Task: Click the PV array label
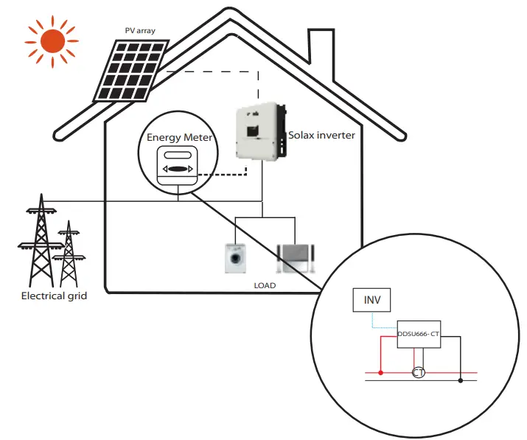(139, 31)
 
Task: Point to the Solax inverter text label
(321, 136)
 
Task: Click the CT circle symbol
(419, 373)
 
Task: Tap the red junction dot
(380, 373)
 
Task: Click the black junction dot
(461, 380)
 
